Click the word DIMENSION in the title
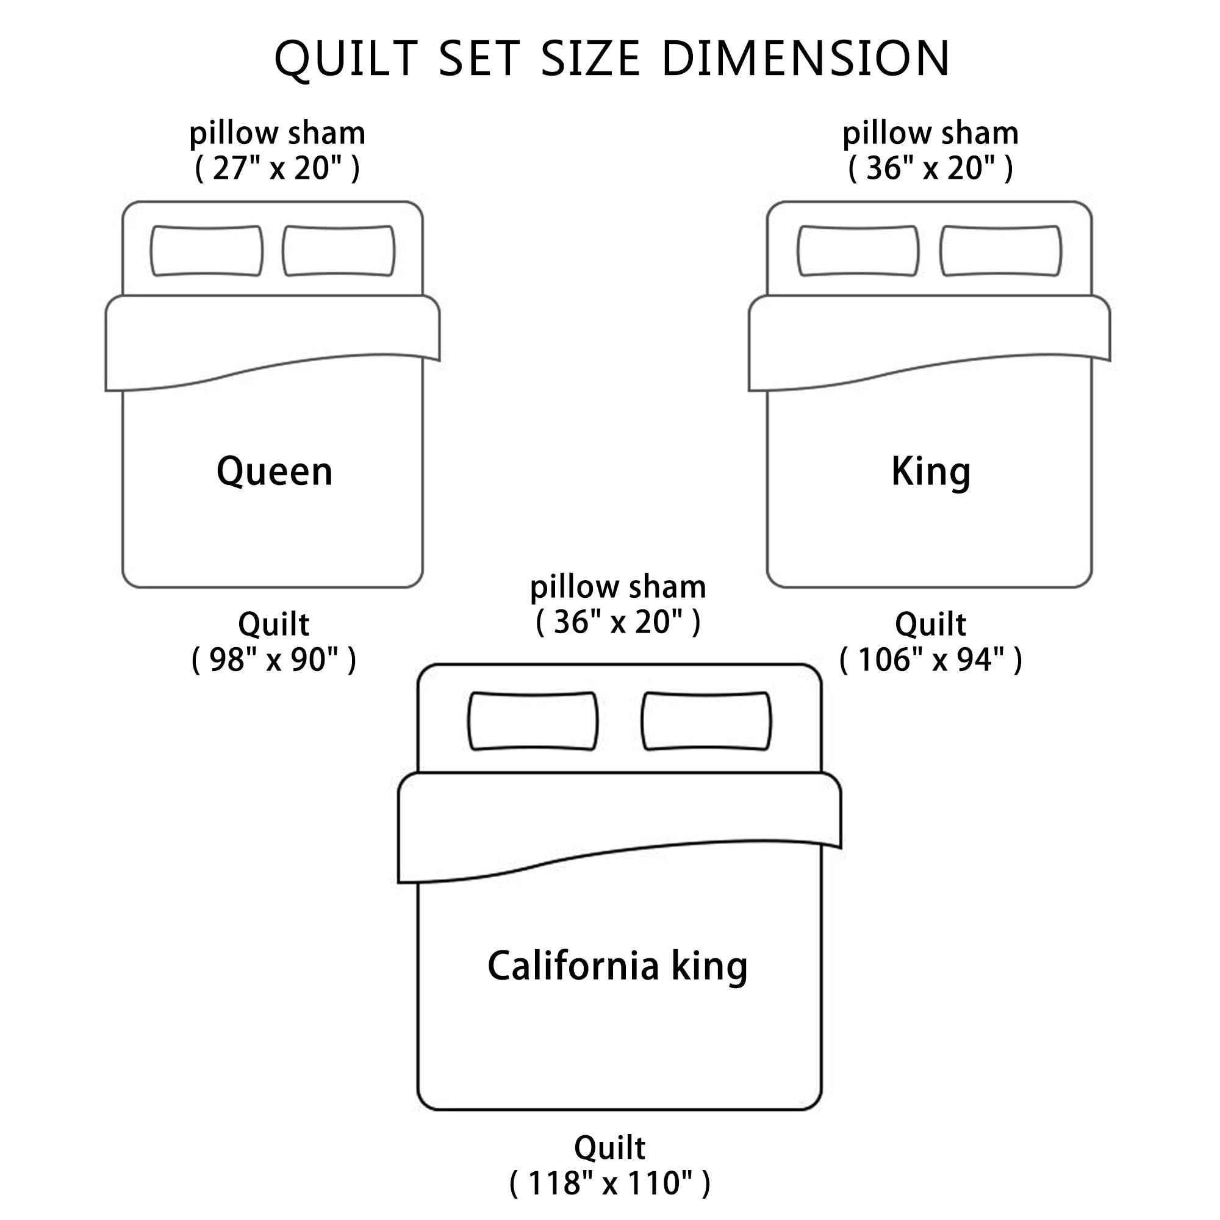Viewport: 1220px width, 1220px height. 805,59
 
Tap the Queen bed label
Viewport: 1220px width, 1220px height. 274,472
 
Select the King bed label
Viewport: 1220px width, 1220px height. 931,472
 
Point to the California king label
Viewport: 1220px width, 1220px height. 617,966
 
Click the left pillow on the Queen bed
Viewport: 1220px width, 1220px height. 207,251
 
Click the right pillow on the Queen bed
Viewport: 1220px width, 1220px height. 339,251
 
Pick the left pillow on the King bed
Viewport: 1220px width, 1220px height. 858,251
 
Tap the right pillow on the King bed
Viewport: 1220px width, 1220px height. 1001,251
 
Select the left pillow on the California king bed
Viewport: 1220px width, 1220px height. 533,721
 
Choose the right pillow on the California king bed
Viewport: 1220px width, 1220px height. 706,721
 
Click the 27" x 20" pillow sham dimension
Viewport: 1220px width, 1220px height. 277,168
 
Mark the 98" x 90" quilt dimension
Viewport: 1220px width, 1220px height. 274,660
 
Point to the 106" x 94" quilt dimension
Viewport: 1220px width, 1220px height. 931,660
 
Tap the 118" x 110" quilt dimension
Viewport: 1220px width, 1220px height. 610,1183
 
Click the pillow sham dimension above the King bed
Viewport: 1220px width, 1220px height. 931,168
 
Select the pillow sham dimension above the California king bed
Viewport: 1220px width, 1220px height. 618,622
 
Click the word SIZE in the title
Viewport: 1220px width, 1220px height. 591,59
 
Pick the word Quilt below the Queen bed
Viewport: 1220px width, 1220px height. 273,625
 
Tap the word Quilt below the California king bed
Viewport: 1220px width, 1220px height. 610,1147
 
